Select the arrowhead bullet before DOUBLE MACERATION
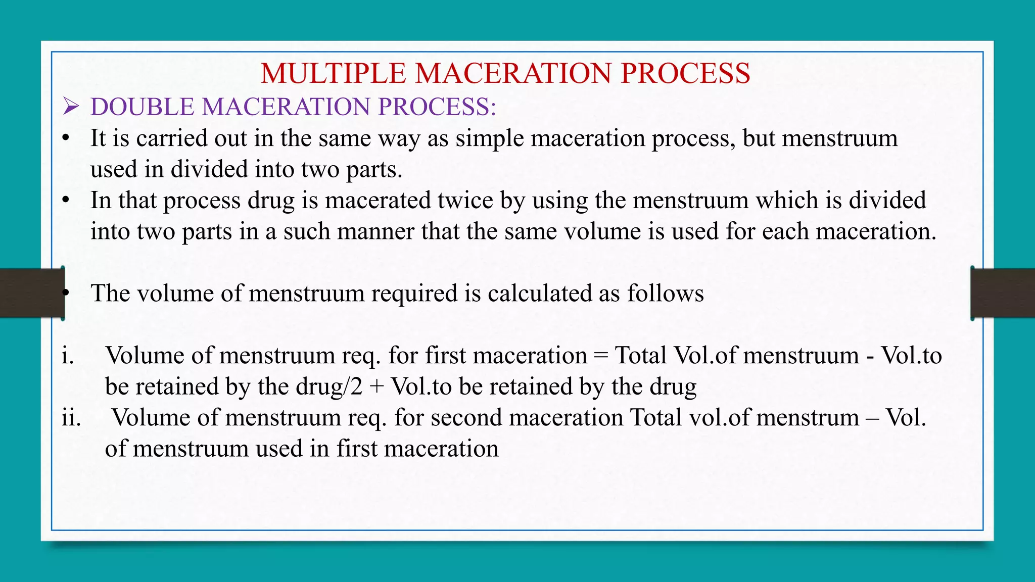70,107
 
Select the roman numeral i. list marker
68,356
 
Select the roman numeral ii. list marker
71,418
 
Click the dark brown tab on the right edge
1003,293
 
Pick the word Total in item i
640,356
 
